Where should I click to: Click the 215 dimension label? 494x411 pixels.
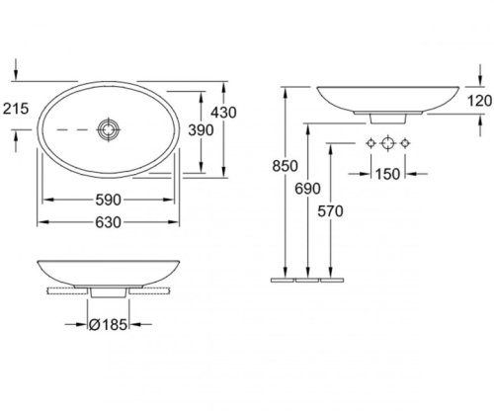click(x=16, y=109)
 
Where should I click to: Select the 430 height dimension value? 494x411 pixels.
click(x=223, y=113)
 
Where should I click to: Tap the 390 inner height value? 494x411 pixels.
click(x=201, y=130)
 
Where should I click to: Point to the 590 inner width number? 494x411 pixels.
click(x=109, y=200)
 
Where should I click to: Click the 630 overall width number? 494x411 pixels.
click(x=109, y=222)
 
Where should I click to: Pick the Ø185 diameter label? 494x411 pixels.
click(x=108, y=325)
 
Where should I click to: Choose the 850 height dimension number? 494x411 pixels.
click(x=285, y=166)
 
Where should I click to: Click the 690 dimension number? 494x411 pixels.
click(x=307, y=189)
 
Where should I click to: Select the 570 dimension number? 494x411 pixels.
click(x=330, y=211)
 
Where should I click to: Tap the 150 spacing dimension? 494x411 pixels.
click(x=387, y=174)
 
